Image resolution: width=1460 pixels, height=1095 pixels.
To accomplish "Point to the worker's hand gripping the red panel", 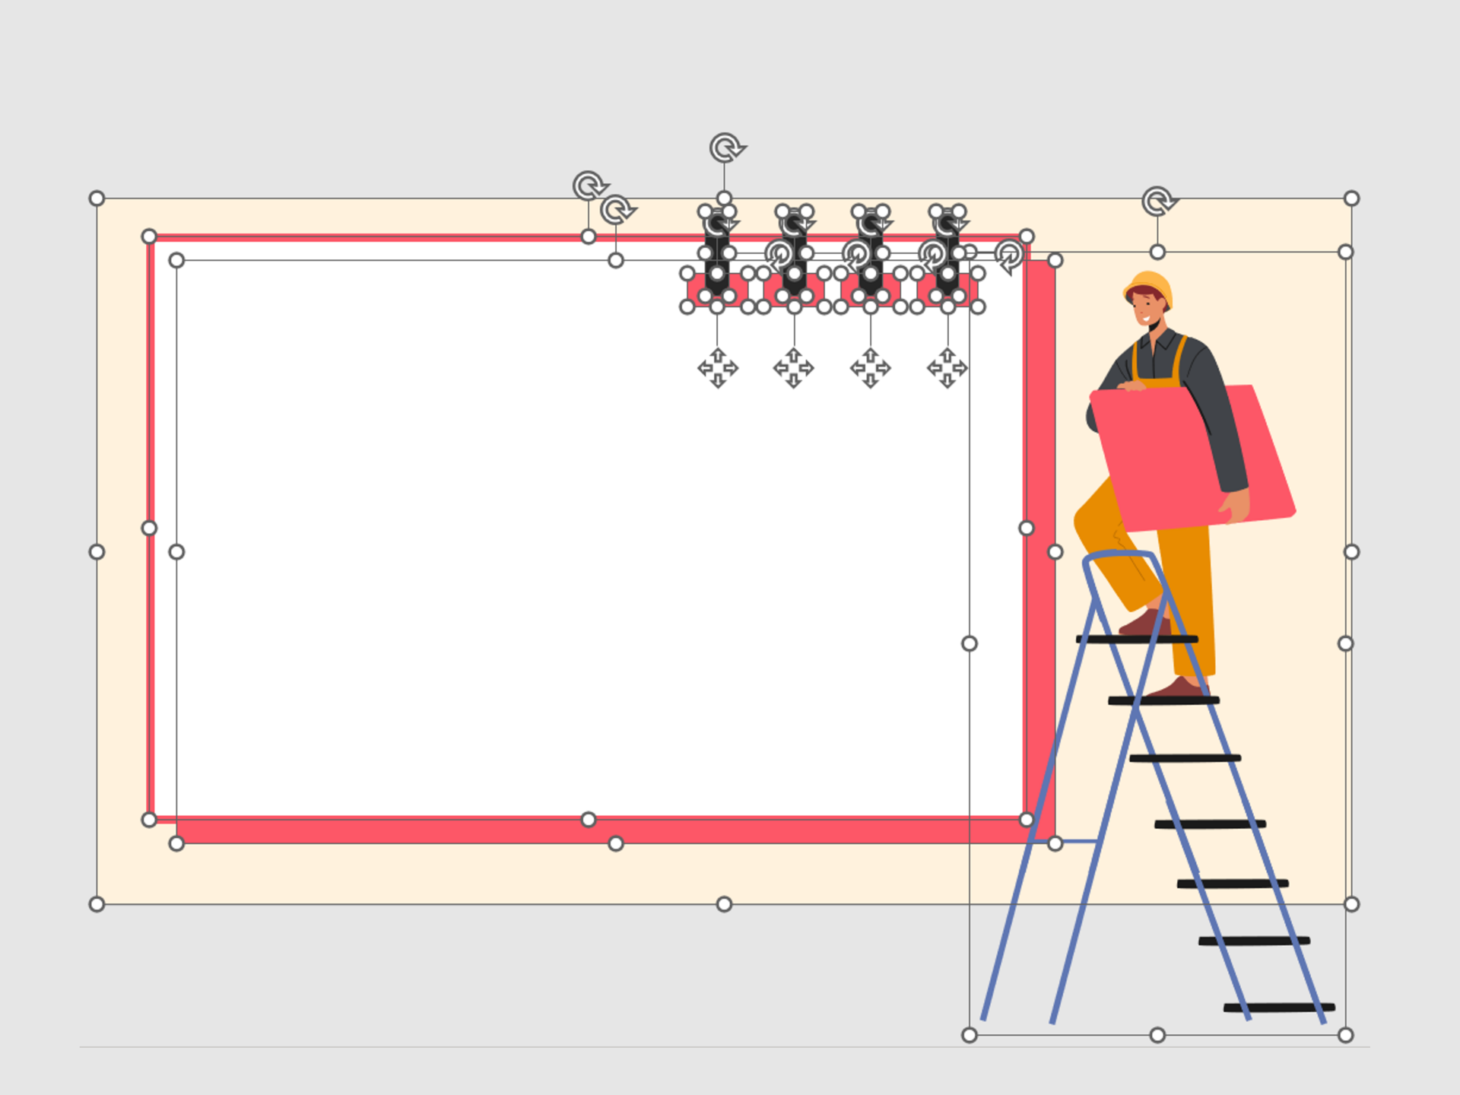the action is click(x=1235, y=505).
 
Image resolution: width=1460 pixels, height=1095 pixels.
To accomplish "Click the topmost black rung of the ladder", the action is click(x=1137, y=639).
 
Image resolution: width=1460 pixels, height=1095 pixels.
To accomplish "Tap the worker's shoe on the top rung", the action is click(x=1144, y=624).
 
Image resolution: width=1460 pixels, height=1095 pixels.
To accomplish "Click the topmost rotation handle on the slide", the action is click(x=726, y=148).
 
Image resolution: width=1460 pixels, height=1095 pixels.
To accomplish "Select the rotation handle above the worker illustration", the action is click(x=1157, y=202).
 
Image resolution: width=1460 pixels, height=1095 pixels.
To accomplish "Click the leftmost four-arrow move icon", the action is click(x=717, y=368).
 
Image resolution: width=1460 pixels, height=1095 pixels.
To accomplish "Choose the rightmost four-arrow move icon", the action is click(x=947, y=368).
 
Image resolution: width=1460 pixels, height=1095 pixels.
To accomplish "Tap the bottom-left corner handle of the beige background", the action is click(x=97, y=904).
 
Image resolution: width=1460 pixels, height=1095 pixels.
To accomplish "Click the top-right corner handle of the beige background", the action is click(x=1351, y=198).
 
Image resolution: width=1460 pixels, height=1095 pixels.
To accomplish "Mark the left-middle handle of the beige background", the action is click(x=97, y=552).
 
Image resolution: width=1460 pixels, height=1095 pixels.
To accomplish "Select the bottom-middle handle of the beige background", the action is click(x=724, y=904).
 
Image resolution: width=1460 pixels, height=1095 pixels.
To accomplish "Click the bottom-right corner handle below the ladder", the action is click(x=1345, y=1035).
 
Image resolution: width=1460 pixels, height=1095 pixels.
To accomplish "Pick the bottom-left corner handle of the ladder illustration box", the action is click(x=970, y=1035).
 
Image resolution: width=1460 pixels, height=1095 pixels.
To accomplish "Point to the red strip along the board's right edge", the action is click(x=1040, y=532).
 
